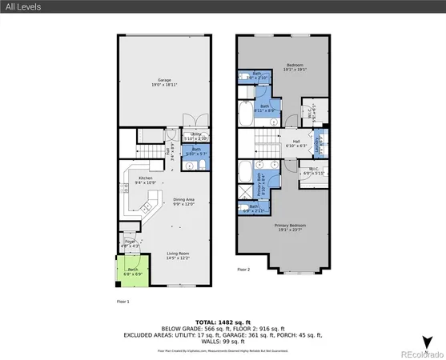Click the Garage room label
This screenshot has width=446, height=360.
click(x=165, y=82)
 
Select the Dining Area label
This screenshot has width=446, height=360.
click(x=185, y=202)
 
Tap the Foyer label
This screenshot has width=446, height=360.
click(x=131, y=243)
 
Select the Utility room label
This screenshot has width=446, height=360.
click(x=192, y=137)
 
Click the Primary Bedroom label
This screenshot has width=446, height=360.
click(x=291, y=227)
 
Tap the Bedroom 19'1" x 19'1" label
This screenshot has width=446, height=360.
click(x=295, y=67)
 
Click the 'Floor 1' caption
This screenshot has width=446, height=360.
click(x=123, y=302)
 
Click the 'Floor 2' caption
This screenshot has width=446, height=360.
click(x=243, y=270)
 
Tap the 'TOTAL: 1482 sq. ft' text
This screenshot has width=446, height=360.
click(x=223, y=322)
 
